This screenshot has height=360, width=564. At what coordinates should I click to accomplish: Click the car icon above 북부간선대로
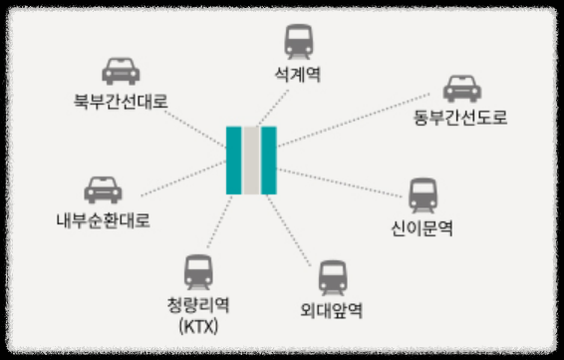tap(121, 72)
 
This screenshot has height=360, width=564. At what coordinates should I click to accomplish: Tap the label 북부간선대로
tap(121, 101)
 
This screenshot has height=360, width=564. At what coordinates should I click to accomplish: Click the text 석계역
tap(298, 74)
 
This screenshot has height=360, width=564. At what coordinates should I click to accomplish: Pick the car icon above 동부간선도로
tap(460, 88)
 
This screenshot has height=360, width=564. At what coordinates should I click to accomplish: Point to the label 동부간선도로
tap(460, 118)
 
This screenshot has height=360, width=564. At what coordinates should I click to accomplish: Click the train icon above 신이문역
tap(423, 194)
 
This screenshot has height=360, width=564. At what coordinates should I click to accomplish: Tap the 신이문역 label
tap(423, 227)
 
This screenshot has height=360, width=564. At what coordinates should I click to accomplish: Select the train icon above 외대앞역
tap(332, 277)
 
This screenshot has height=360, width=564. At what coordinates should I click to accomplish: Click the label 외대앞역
tap(331, 309)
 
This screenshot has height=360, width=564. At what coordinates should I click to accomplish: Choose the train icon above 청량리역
tap(199, 271)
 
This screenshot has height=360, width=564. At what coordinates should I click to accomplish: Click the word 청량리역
tap(199, 305)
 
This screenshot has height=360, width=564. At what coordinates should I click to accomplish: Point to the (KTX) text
tap(199, 325)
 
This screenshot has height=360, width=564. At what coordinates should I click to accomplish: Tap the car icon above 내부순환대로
tap(103, 189)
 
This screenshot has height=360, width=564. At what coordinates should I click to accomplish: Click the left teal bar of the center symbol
tap(234, 161)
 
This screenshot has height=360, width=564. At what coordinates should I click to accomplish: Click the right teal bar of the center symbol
tap(269, 161)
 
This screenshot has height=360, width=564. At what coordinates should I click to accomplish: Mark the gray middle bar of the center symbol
tap(251, 161)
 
